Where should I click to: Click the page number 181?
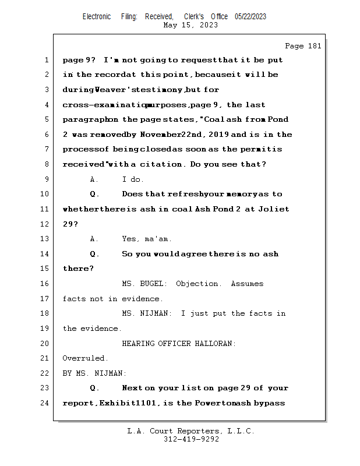(314, 46)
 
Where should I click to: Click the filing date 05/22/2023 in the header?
(250, 17)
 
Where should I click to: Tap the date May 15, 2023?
(191, 25)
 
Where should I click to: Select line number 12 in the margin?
(45, 224)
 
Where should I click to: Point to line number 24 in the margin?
(45, 403)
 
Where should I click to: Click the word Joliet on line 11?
(274, 209)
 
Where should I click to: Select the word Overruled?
(85, 358)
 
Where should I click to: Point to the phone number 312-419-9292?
(191, 439)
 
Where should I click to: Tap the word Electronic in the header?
(97, 17)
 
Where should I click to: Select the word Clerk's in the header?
(195, 17)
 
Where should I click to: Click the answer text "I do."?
(133, 179)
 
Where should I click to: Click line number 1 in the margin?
(45, 60)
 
